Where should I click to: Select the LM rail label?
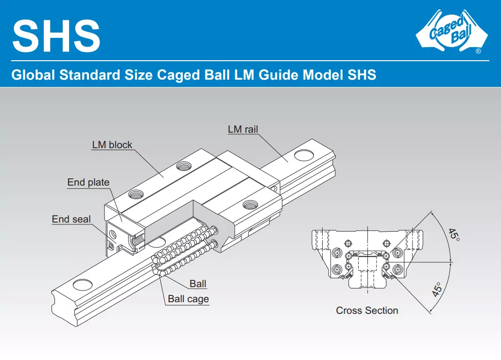point(243,129)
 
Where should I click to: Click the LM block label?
point(112,145)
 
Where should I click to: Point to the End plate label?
point(88,182)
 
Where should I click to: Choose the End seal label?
point(71,219)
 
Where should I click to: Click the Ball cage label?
point(188,299)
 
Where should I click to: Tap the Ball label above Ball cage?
point(198,284)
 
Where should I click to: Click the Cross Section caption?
point(367,310)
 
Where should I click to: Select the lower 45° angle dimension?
point(437,290)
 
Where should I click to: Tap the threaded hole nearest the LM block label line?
point(183,166)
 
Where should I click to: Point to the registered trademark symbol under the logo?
point(478,51)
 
